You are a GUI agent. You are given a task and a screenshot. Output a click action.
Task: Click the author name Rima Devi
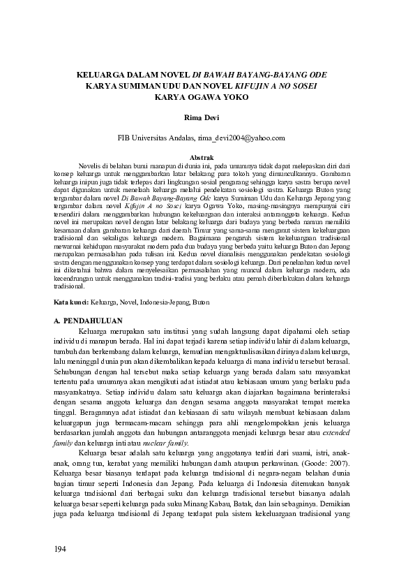[x=202, y=119]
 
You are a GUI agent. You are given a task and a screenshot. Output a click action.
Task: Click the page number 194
[x=60, y=549]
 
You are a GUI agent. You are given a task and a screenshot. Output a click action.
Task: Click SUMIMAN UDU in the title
[x=151, y=86]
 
